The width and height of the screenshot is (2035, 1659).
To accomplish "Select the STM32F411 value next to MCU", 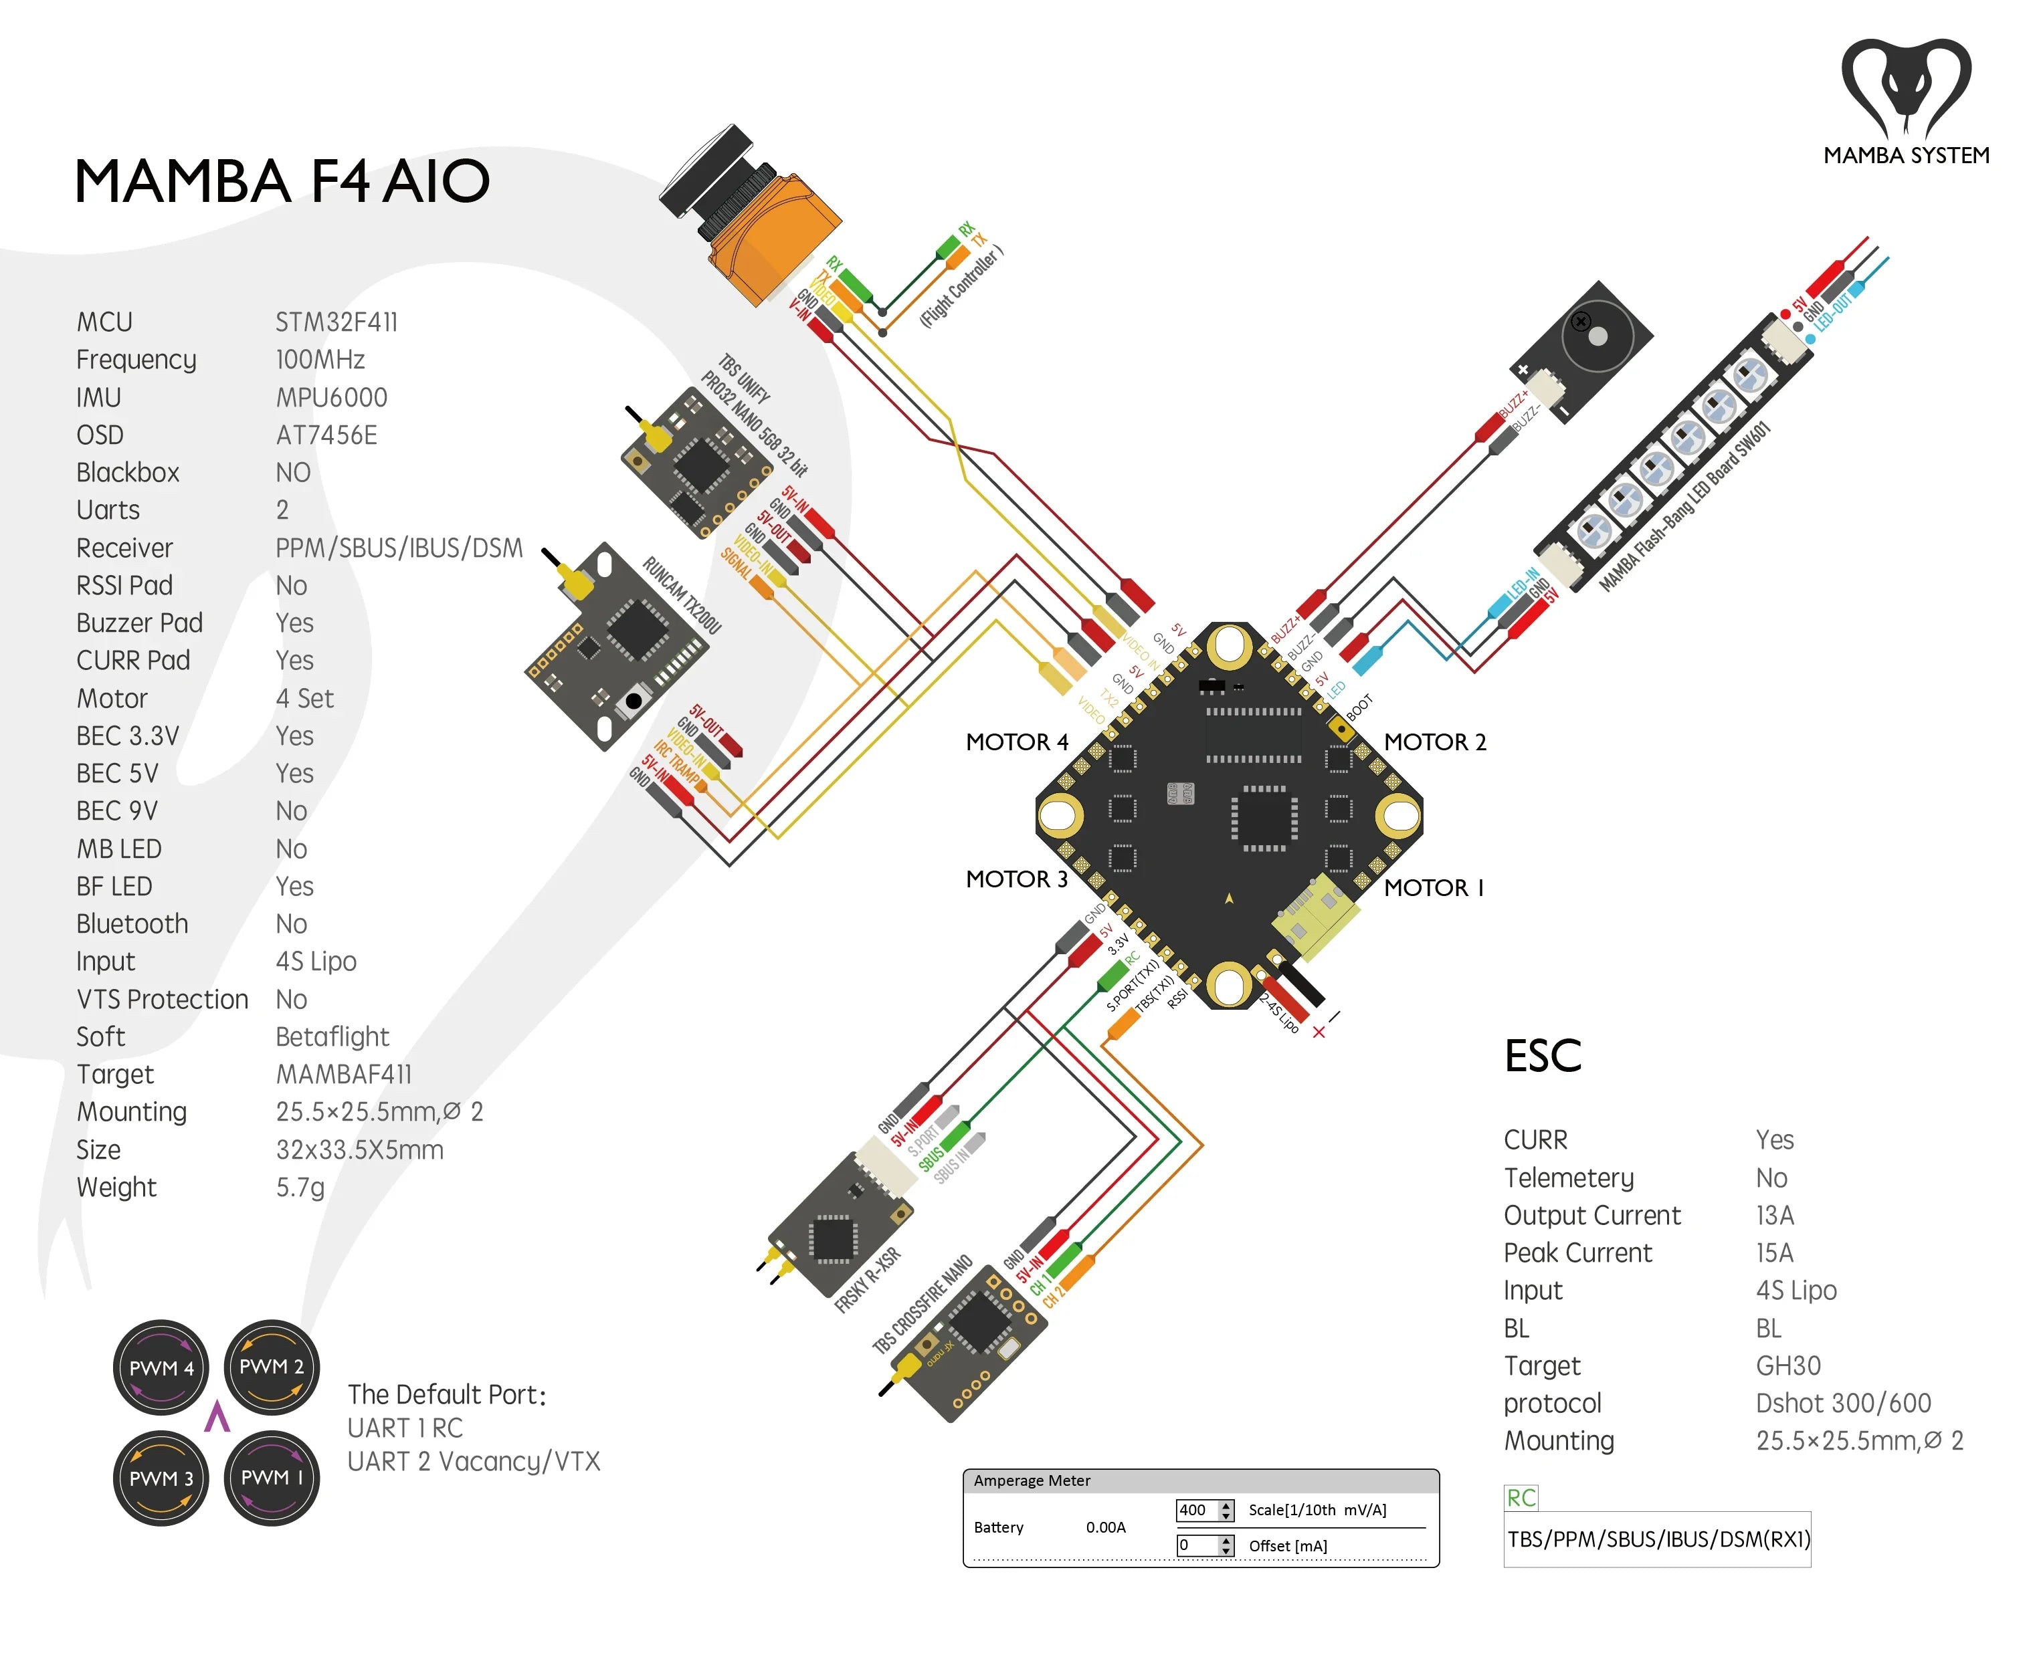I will click(336, 322).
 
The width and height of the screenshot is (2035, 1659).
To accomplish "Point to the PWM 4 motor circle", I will click(161, 1367).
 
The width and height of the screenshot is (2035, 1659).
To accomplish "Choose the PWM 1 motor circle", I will click(272, 1477).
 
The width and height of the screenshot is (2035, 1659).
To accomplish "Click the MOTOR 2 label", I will click(1435, 742).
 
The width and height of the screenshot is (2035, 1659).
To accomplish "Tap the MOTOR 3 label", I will click(1016, 879).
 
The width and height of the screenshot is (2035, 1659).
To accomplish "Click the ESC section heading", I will click(1542, 1056).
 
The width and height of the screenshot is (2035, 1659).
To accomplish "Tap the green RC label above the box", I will click(1520, 1497).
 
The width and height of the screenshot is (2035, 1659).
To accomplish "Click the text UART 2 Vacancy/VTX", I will click(473, 1461).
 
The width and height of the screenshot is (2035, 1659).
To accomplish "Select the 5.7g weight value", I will click(300, 1187).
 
